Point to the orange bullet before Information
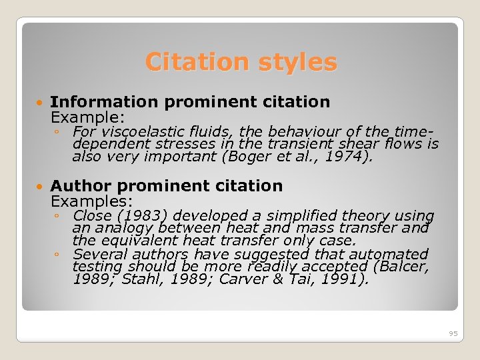click(40, 103)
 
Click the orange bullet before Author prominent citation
click(40, 187)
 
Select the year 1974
click(349, 157)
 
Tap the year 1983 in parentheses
click(129, 216)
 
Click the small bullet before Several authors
click(58, 254)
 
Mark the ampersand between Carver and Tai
click(278, 279)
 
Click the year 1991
click(336, 279)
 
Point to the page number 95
click(453, 333)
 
